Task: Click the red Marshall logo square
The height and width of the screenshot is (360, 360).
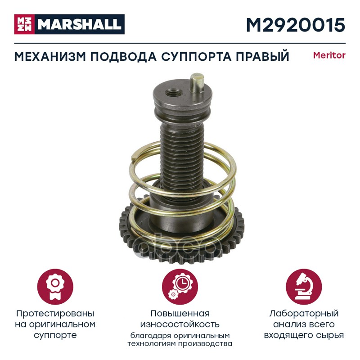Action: [x=24, y=24]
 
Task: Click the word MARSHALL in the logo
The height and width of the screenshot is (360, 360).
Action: [x=80, y=24]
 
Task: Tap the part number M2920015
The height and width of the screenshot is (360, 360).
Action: [x=296, y=25]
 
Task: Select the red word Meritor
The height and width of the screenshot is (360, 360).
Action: [x=329, y=55]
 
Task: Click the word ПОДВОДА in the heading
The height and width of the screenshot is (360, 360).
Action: [x=123, y=57]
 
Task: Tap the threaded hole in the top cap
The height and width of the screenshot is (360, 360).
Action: [x=174, y=93]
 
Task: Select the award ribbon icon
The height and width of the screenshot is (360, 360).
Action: [x=55, y=287]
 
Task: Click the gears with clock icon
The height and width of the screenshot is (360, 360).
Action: [x=180, y=287]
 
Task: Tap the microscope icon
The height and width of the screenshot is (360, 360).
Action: [x=304, y=287]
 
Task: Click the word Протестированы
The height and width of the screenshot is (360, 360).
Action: [x=55, y=314]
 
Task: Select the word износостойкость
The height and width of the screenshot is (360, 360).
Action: [x=180, y=324]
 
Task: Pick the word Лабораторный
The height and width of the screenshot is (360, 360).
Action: [x=304, y=314]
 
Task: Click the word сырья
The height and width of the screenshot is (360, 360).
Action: [x=331, y=335]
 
